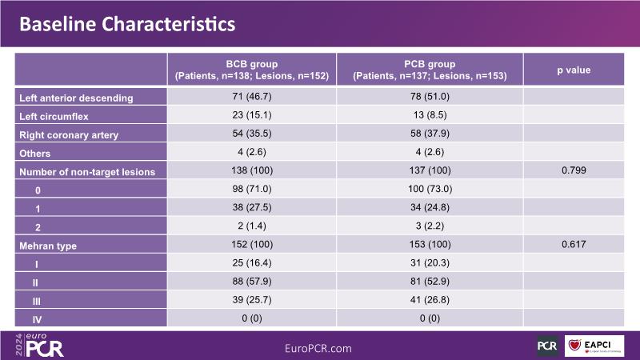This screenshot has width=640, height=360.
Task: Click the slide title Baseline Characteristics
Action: pyautogui.click(x=127, y=24)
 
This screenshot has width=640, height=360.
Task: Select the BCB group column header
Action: pyautogui.click(x=251, y=70)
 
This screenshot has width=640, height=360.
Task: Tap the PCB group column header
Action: pyautogui.click(x=430, y=70)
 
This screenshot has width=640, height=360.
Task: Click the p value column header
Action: pyautogui.click(x=574, y=70)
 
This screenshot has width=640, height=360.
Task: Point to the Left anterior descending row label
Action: pyautogui.click(x=76, y=98)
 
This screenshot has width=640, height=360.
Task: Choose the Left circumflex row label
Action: pyautogui.click(x=53, y=116)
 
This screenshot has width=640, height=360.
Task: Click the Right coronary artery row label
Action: pyautogui.click(x=68, y=134)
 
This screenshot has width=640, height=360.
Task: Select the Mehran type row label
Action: pyautogui.click(x=48, y=246)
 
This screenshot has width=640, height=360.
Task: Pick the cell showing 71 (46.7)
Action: pyautogui.click(x=251, y=97)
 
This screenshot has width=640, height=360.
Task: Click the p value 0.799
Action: pyautogui.click(x=574, y=171)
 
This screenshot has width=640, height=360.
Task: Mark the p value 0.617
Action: pyautogui.click(x=574, y=246)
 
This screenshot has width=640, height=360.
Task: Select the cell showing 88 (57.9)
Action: pyautogui.click(x=251, y=282)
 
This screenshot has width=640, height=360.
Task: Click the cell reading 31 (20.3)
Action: pyautogui.click(x=430, y=264)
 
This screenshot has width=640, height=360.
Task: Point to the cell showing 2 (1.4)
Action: pyautogui.click(x=251, y=226)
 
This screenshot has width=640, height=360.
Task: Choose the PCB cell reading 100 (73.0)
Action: pyautogui.click(x=430, y=190)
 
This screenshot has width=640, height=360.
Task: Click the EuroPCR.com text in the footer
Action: pyautogui.click(x=318, y=349)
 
